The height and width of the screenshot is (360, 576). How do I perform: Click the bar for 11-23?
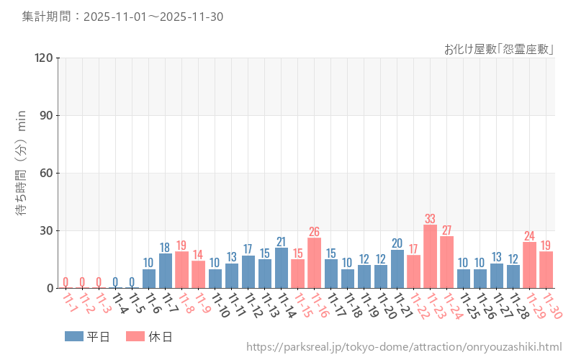click(x=431, y=256)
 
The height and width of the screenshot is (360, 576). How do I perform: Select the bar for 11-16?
click(x=315, y=263)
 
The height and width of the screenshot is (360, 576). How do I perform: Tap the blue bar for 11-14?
click(x=282, y=268)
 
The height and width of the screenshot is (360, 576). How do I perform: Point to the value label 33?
click(x=431, y=219)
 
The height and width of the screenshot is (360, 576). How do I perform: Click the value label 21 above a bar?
click(x=282, y=242)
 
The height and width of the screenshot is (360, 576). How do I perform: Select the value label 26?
click(x=315, y=232)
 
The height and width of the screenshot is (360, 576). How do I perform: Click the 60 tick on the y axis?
click(x=45, y=173)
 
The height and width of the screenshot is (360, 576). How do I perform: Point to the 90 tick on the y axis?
click(x=45, y=115)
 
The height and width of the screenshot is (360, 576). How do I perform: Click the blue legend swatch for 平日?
click(x=74, y=336)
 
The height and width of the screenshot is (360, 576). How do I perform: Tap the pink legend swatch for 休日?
click(x=135, y=336)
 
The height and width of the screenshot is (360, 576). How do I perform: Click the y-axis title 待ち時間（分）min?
click(x=22, y=173)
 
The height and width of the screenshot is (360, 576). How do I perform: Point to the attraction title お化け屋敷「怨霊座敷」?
click(x=498, y=49)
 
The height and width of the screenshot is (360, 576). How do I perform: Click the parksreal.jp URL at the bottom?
click(x=404, y=347)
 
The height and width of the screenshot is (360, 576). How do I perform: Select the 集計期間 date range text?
click(x=122, y=16)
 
